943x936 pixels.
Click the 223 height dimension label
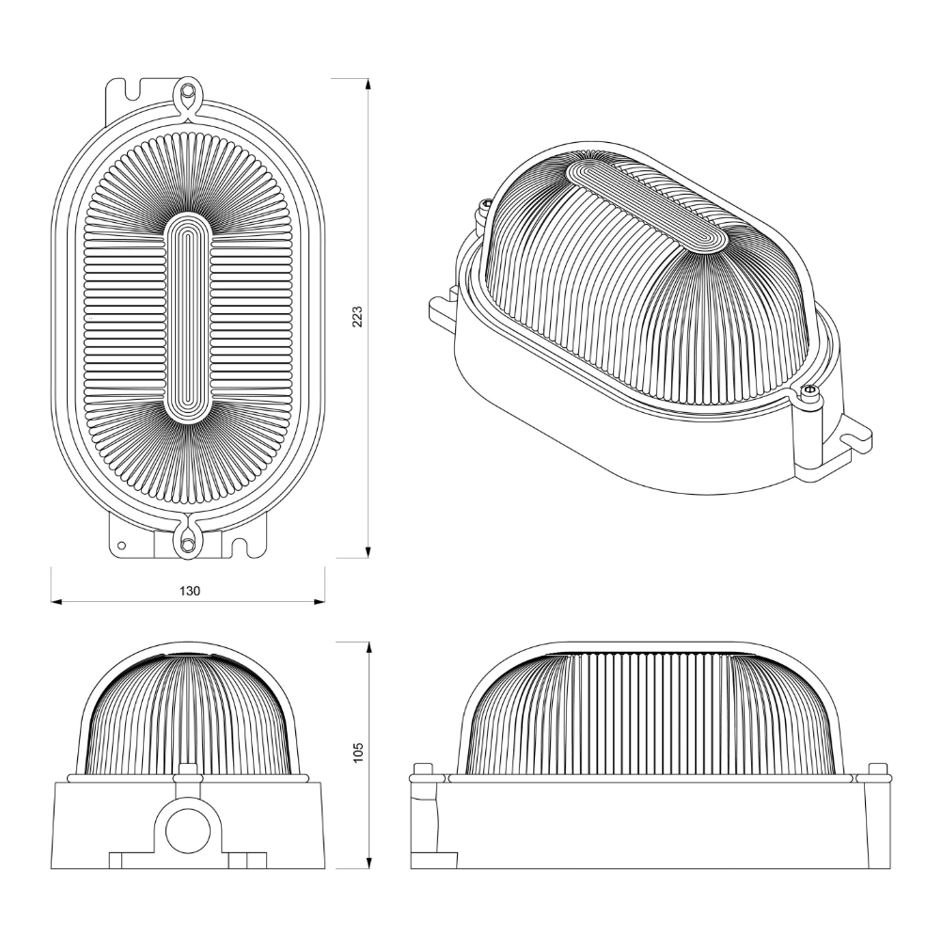tap(357, 317)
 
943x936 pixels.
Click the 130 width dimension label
tap(189, 591)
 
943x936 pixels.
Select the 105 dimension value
tap(358, 753)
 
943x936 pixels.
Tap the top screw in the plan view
tap(188, 91)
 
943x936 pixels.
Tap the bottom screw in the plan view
tap(188, 543)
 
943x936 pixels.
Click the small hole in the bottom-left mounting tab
tap(121, 546)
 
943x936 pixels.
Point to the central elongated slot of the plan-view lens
tap(188, 317)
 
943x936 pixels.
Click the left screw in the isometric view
tap(485, 209)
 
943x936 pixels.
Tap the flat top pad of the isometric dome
tap(648, 205)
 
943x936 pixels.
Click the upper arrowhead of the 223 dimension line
tap(368, 86)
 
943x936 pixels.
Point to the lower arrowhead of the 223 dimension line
tap(368, 551)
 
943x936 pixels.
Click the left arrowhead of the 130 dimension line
tap(57, 601)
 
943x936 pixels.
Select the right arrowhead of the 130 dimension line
tap(318, 601)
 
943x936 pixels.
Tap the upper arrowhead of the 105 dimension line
tap(368, 649)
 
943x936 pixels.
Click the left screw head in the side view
tap(424, 769)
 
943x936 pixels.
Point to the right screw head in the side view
tap(878, 769)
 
